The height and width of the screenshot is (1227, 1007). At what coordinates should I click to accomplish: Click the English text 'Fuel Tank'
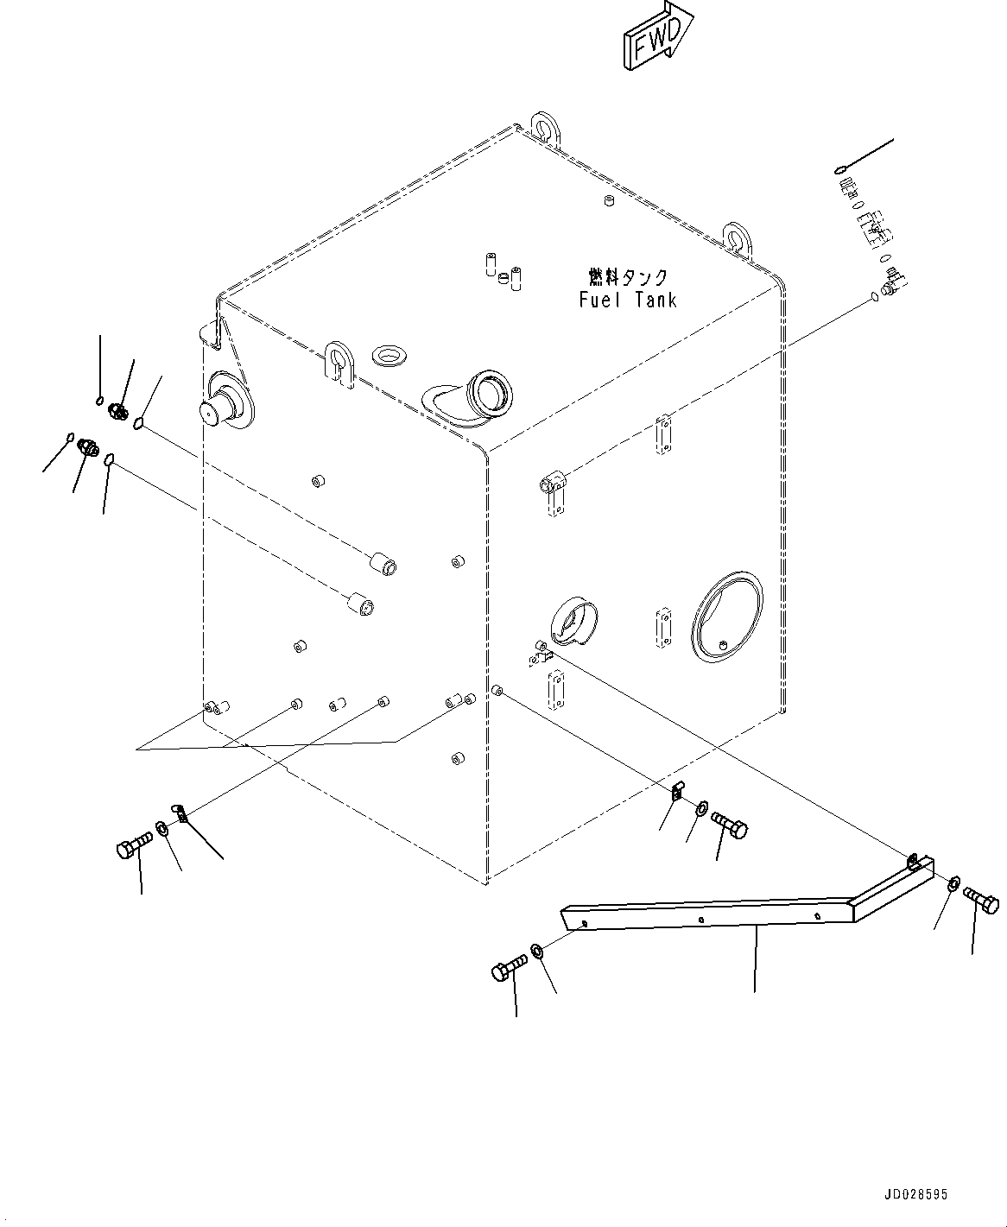(x=628, y=300)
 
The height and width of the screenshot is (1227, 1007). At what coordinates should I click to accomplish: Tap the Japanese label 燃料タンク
(x=628, y=276)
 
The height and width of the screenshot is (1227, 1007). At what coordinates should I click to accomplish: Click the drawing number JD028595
(x=915, y=1194)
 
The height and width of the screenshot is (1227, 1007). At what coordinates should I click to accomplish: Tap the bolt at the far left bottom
(x=132, y=846)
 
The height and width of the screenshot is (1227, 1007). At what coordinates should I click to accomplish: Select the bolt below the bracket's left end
(x=509, y=969)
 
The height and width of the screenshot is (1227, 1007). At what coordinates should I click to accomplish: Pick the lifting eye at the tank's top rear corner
(x=542, y=127)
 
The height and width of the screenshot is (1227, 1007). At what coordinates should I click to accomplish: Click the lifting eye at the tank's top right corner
(x=738, y=237)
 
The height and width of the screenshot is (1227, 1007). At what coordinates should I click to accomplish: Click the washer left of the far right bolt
(x=953, y=882)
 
